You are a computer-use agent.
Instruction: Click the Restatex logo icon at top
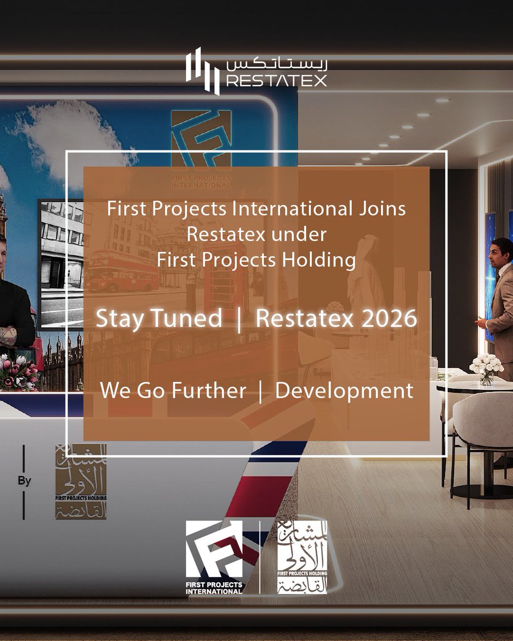pos(203,71)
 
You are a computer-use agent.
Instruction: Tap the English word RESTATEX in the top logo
pos(276,81)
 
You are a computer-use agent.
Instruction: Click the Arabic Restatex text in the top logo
pos(276,63)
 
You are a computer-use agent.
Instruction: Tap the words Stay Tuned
pos(159,319)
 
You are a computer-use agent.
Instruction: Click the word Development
pos(344,391)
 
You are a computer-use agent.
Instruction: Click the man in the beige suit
pos(500,299)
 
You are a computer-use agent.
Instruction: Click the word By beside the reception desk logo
pos(24,481)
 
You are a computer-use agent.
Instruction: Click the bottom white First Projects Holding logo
pos(302,557)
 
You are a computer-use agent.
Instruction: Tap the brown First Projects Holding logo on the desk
pos(81,481)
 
